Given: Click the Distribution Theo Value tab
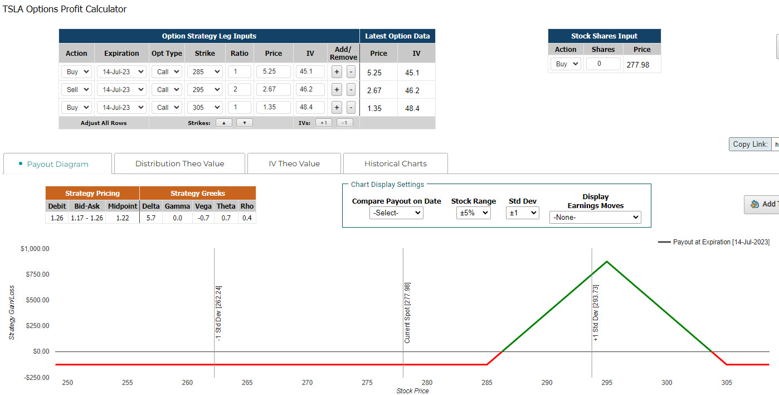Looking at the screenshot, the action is point(179,163).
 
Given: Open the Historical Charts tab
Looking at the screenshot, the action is point(396,163).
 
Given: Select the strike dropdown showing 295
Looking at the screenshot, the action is point(205,89).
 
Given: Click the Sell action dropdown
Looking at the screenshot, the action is point(76,89).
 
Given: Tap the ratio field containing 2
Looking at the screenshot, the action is point(239,89).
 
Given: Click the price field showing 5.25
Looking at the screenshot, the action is point(274,71).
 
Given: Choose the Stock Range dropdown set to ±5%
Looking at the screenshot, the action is point(473,213).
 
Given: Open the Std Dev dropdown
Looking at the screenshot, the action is point(522,213).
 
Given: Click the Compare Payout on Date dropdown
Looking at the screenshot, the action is point(396,213).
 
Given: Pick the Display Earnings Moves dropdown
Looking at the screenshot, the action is point(595,218).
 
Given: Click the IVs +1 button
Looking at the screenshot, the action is point(323,123).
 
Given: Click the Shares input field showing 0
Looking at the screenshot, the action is point(603,64).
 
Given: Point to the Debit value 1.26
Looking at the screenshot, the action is point(57,218).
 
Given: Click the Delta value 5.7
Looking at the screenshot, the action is point(150,218).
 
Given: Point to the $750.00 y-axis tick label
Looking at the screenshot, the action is point(37,274).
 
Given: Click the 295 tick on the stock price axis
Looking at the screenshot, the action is point(606,383).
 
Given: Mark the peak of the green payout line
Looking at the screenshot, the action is point(607,261).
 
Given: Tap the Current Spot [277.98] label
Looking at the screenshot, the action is point(407,313).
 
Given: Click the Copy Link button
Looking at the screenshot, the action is point(750,144).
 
